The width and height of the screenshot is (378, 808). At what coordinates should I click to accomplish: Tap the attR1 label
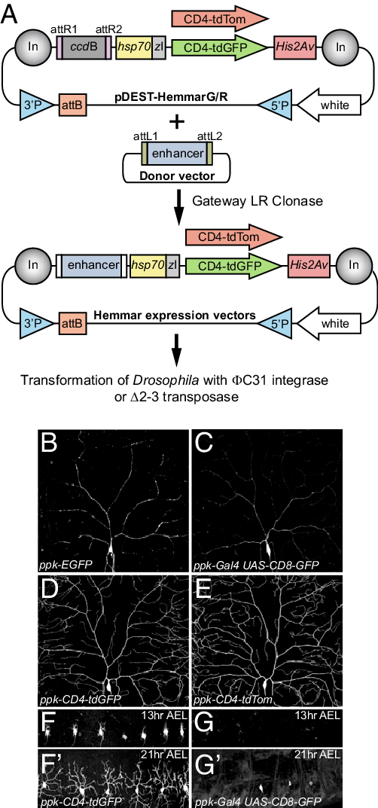[x=62, y=29]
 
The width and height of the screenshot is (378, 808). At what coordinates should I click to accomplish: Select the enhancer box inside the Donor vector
[x=177, y=154]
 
